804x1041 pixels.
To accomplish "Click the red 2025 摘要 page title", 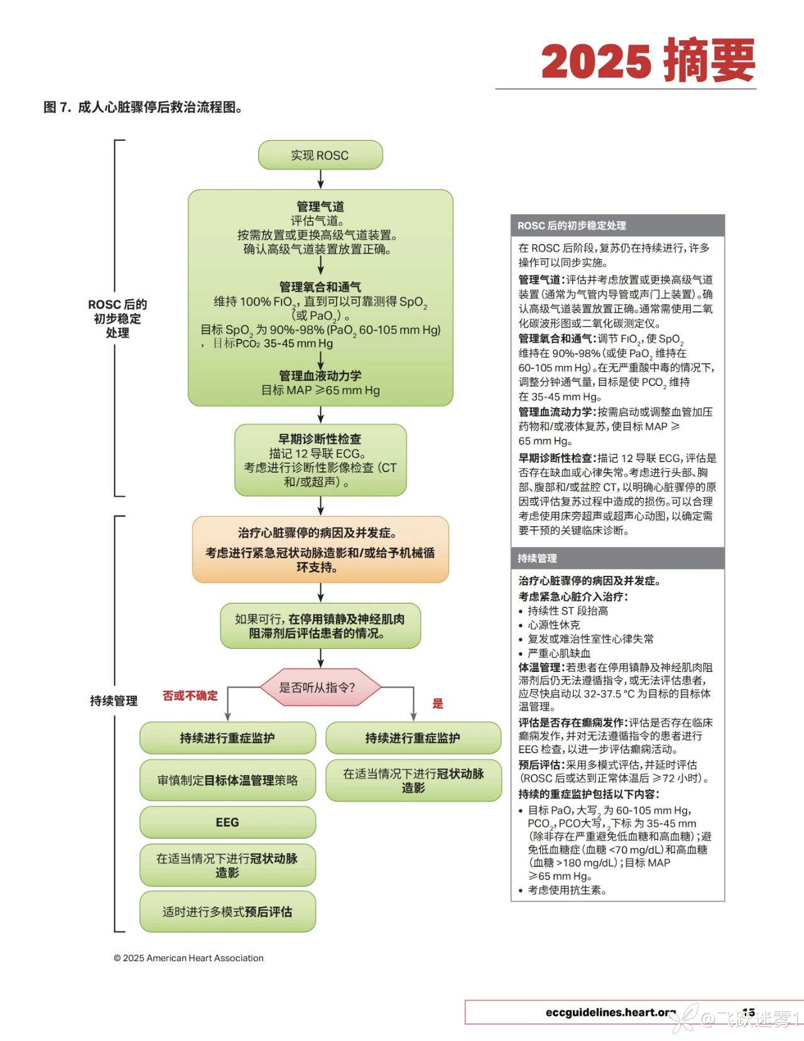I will click(x=648, y=61).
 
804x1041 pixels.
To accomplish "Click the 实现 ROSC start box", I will click(x=320, y=155).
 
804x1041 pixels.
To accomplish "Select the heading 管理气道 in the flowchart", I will click(x=320, y=206).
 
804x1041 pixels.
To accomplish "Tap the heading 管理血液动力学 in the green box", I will click(x=320, y=375).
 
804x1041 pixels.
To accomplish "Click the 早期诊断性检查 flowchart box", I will click(x=320, y=460).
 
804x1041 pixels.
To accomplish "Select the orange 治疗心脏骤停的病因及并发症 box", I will click(x=320, y=549).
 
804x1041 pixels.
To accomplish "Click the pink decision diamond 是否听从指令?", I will click(x=320, y=688).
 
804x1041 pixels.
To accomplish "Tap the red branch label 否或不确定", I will click(x=190, y=695).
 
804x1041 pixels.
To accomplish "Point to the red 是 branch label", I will click(x=438, y=703).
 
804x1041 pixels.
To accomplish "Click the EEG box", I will click(x=227, y=822).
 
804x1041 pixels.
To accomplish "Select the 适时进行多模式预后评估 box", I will click(x=227, y=912).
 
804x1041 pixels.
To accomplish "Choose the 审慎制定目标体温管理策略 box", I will click(x=227, y=780).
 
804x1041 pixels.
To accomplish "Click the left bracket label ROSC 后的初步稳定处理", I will click(x=117, y=318).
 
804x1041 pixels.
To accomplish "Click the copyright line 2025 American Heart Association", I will click(x=188, y=958).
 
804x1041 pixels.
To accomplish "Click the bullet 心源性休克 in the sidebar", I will click(x=554, y=625).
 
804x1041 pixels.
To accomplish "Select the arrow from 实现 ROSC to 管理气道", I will click(x=320, y=179).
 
